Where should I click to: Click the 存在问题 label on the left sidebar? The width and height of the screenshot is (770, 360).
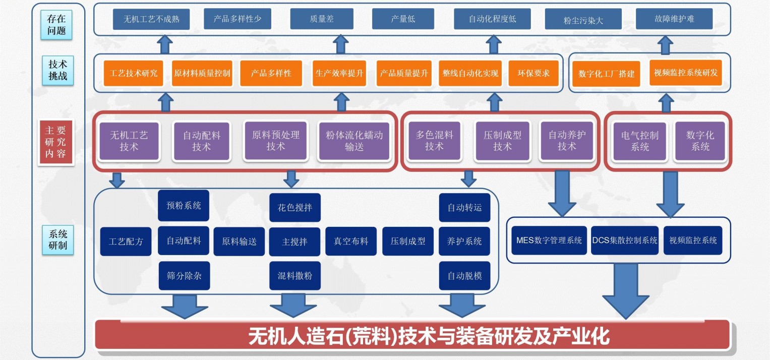point(56,25)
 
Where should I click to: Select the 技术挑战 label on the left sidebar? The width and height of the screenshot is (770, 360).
point(57,71)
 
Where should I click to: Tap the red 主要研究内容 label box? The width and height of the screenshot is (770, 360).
point(56,142)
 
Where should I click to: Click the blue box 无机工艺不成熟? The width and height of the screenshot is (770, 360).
point(151,20)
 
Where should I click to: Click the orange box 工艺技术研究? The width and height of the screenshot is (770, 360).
point(134,73)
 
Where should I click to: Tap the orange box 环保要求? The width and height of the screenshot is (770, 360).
point(534,73)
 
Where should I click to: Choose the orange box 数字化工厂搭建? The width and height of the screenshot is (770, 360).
point(606,74)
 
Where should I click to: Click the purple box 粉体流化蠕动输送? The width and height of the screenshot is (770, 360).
point(354,142)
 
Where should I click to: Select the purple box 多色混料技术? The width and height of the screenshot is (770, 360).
point(434,141)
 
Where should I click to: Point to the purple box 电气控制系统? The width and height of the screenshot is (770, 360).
point(640,142)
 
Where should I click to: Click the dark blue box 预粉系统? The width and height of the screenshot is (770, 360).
point(184,205)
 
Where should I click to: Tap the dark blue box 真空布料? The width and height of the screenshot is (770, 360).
point(351,241)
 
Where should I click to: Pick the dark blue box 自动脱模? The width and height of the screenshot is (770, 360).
point(464,276)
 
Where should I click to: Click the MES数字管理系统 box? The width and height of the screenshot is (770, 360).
point(549,240)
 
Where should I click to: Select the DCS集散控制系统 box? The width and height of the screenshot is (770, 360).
point(625,240)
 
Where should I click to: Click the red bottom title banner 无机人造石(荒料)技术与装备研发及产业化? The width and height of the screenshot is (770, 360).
point(412,335)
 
